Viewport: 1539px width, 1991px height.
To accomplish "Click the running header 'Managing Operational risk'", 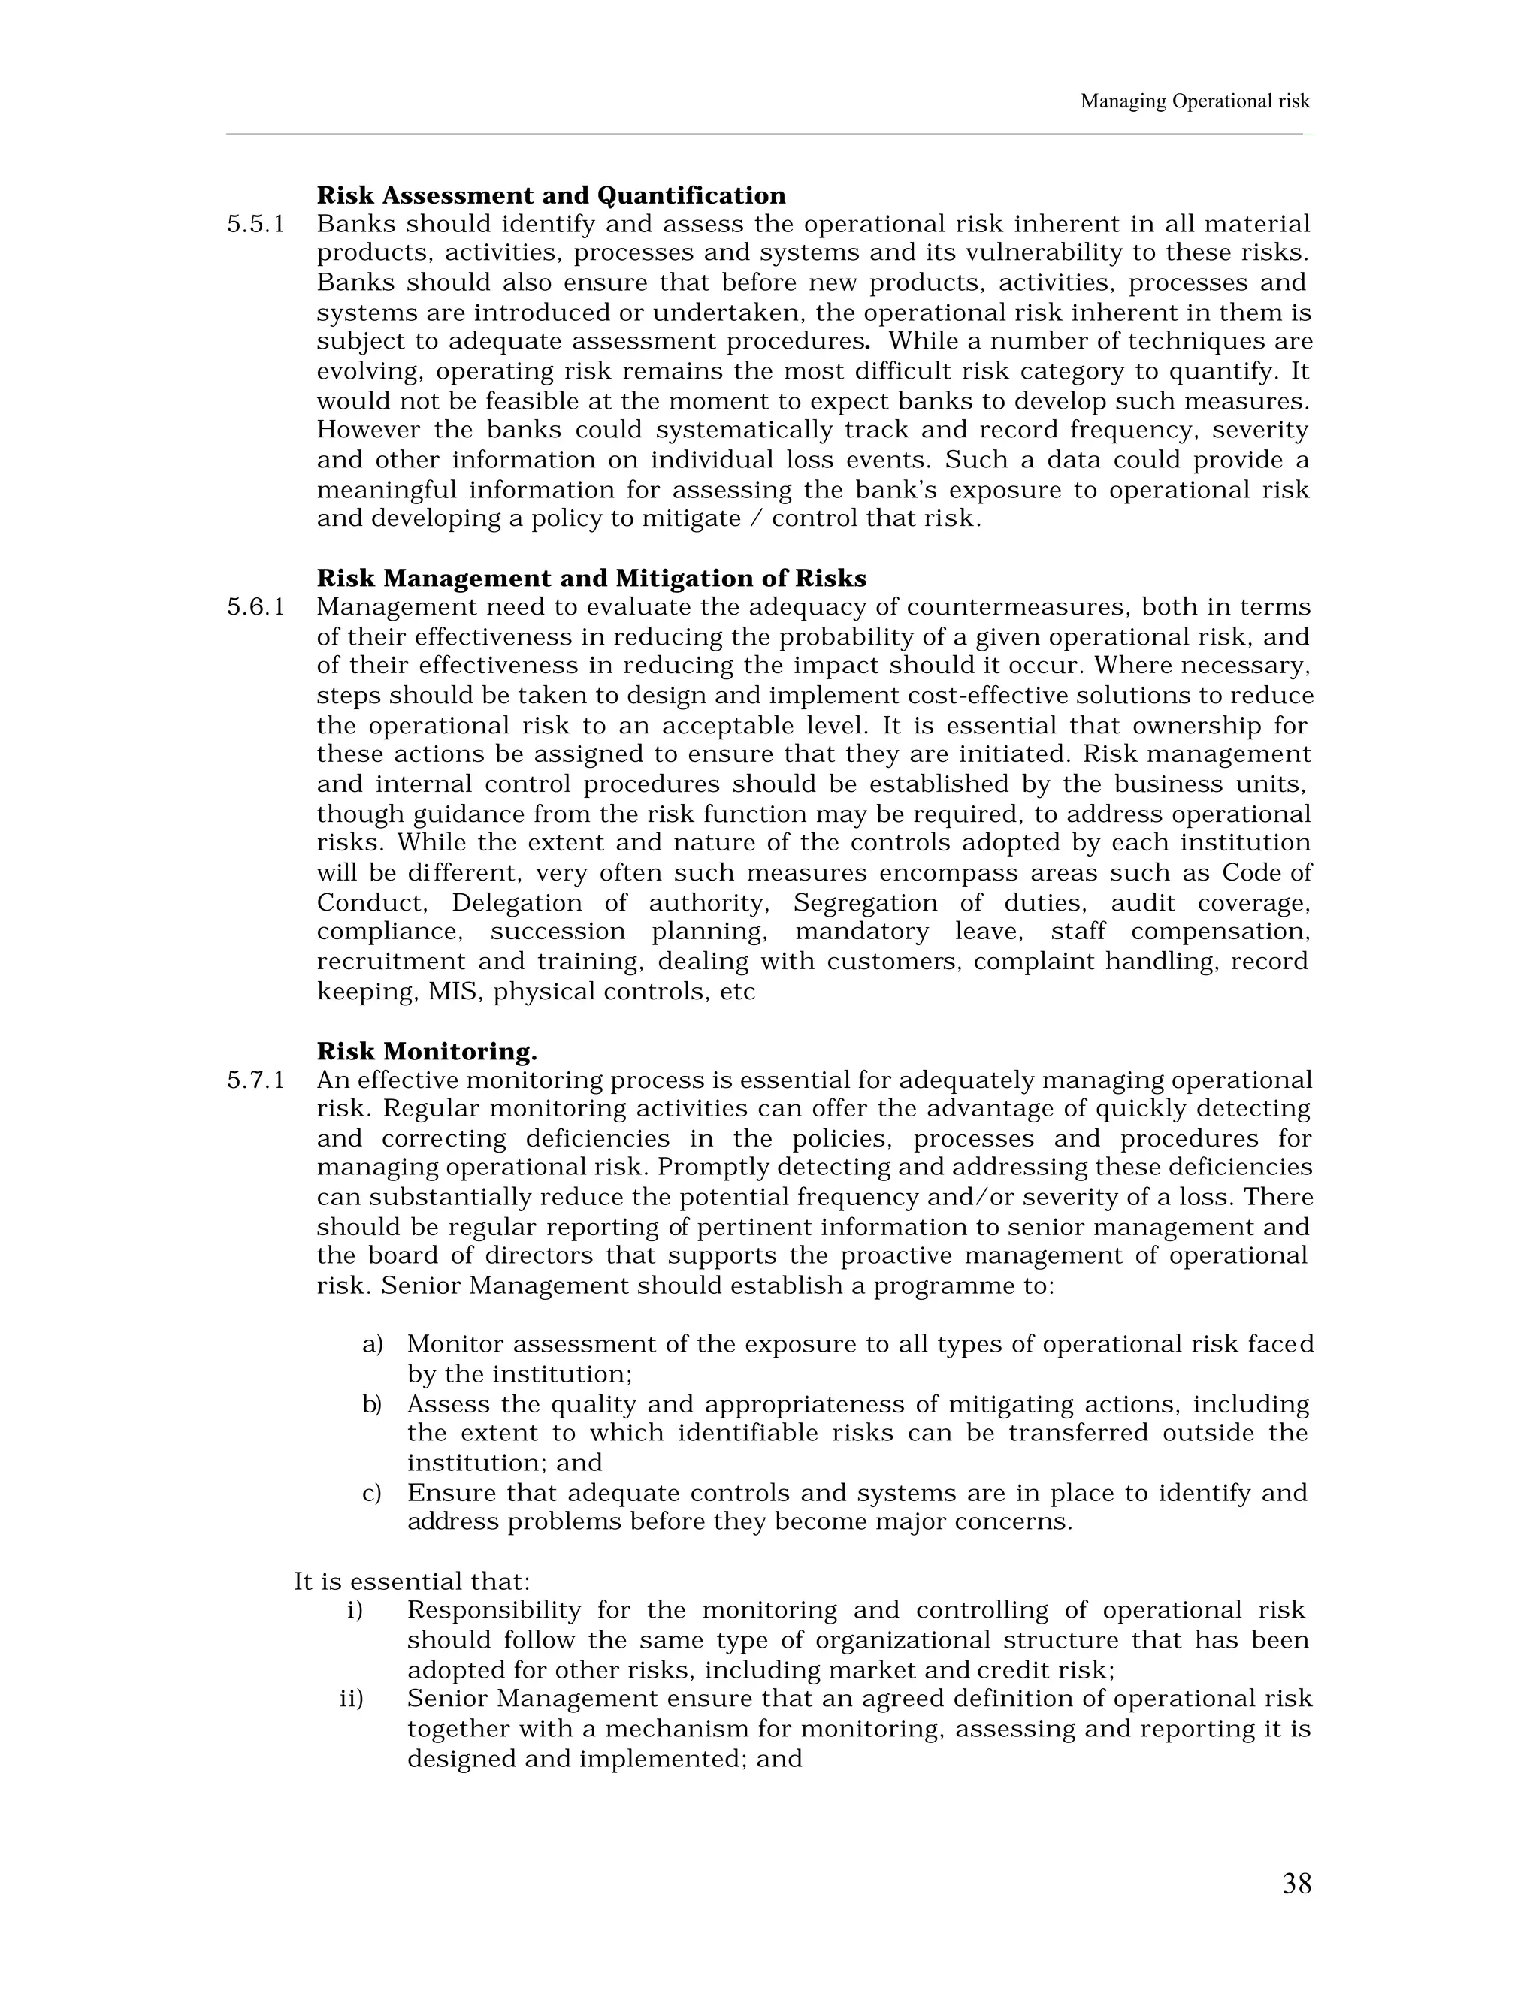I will (x=1194, y=101).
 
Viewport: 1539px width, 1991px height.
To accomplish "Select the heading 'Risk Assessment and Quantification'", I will (x=551, y=195).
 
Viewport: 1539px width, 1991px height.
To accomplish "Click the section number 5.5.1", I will (x=255, y=224).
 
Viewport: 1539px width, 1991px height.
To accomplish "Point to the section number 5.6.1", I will (x=255, y=607).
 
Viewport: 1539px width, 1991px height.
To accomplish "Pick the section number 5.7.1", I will (x=255, y=1080).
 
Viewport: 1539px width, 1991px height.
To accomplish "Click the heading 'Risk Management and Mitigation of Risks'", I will (x=591, y=578).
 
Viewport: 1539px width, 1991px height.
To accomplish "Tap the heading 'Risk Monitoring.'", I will (x=427, y=1051).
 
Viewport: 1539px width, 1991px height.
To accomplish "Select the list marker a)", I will (x=372, y=1345).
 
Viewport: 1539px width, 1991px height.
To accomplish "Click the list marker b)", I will (x=372, y=1404).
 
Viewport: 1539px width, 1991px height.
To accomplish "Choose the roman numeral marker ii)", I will (x=351, y=1699).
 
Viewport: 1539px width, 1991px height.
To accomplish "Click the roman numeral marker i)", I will (x=355, y=1610).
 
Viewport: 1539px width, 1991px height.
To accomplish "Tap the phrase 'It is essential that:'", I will (x=411, y=1581).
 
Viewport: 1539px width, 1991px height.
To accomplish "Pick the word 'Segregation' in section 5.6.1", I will (x=864, y=902).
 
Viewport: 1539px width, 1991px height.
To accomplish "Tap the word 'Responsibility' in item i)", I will (x=493, y=1610).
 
